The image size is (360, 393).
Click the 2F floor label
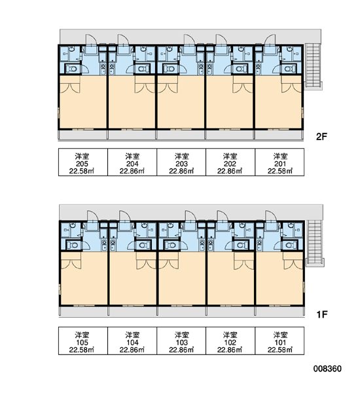[x=321, y=137]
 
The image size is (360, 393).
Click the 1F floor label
[x=322, y=314]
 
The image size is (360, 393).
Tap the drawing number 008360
[x=327, y=368]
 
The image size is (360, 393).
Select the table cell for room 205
[x=83, y=162]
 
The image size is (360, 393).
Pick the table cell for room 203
[x=181, y=162]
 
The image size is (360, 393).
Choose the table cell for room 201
[x=279, y=162]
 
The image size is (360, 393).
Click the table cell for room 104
[x=132, y=341]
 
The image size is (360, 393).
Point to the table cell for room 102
[x=230, y=341]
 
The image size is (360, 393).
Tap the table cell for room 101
[x=279, y=341]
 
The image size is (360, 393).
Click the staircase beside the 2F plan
[x=313, y=66]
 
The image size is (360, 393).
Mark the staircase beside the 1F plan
[x=315, y=243]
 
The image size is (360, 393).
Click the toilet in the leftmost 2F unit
[x=73, y=69]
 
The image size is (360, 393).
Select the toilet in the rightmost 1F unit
[x=289, y=245]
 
